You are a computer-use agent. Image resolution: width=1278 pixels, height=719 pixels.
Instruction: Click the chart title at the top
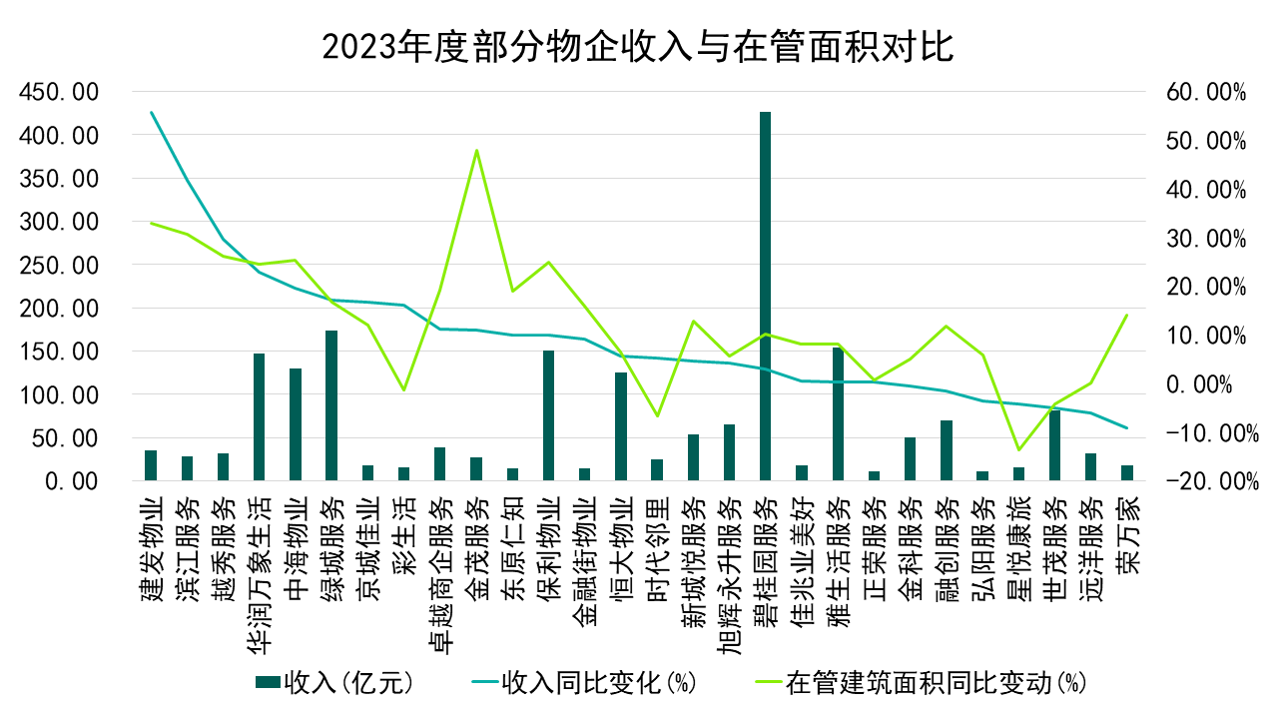639,46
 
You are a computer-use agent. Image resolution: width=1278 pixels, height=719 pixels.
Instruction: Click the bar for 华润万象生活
259,417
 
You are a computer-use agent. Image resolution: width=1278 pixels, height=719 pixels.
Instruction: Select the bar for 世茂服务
1055,445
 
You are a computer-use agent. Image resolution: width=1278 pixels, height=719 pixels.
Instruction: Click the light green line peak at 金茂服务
476,151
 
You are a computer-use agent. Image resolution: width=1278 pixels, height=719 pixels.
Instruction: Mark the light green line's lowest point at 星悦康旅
1019,449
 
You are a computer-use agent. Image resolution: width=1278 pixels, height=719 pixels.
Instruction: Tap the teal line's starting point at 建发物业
151,113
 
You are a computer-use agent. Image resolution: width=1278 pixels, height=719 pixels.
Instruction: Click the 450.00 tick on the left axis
58,92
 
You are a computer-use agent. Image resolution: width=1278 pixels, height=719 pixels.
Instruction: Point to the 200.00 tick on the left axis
58,309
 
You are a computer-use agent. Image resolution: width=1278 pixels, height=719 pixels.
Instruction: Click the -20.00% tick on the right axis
1207,481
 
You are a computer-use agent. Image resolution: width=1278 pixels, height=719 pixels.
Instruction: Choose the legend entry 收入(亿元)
334,683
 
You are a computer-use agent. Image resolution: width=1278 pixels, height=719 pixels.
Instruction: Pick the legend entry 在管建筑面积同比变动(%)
918,683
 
